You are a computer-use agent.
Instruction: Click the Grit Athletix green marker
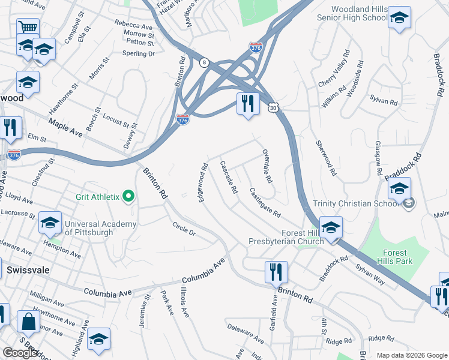click(128, 196)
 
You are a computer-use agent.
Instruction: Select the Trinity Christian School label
click(356, 203)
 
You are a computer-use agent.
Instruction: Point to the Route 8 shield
click(205, 62)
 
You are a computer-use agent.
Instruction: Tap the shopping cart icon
click(28, 27)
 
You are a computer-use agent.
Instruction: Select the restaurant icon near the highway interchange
click(247, 104)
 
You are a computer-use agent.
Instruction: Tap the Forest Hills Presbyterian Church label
click(286, 237)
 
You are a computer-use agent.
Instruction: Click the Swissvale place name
click(28, 271)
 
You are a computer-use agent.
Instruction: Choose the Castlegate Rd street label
click(265, 202)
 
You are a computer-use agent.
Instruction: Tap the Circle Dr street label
click(184, 229)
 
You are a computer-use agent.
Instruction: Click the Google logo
click(20, 353)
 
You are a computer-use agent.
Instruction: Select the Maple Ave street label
click(65, 127)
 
